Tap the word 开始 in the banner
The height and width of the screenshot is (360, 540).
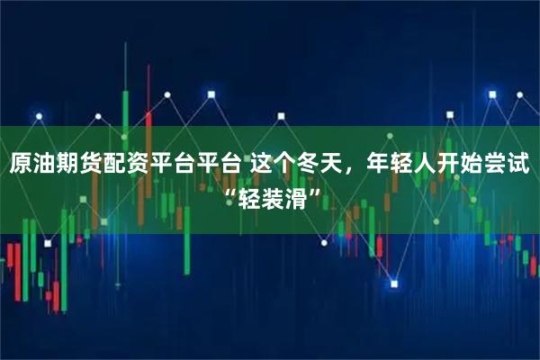(467, 165)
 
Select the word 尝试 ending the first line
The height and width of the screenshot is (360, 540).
(511, 165)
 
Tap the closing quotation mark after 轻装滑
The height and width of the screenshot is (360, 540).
(311, 192)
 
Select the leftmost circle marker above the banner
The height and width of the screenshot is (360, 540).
(38, 115)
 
